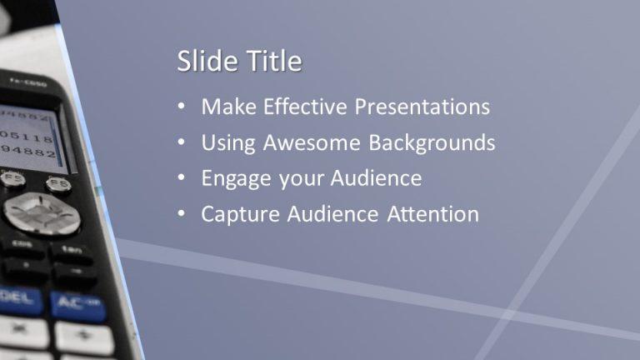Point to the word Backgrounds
click(432, 142)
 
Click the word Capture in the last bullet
click(241, 215)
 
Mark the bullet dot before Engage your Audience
click(182, 178)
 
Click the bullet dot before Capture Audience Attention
click(182, 214)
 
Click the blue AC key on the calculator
click(77, 305)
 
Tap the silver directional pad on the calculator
click(41, 213)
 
